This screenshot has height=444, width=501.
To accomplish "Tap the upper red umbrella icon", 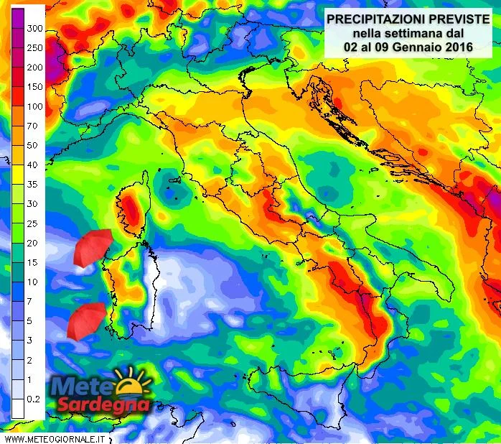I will coord(93,247).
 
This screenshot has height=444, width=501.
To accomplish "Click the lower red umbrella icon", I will coord(86,319).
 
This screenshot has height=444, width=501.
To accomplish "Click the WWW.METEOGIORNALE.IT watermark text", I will coord(55,437).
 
